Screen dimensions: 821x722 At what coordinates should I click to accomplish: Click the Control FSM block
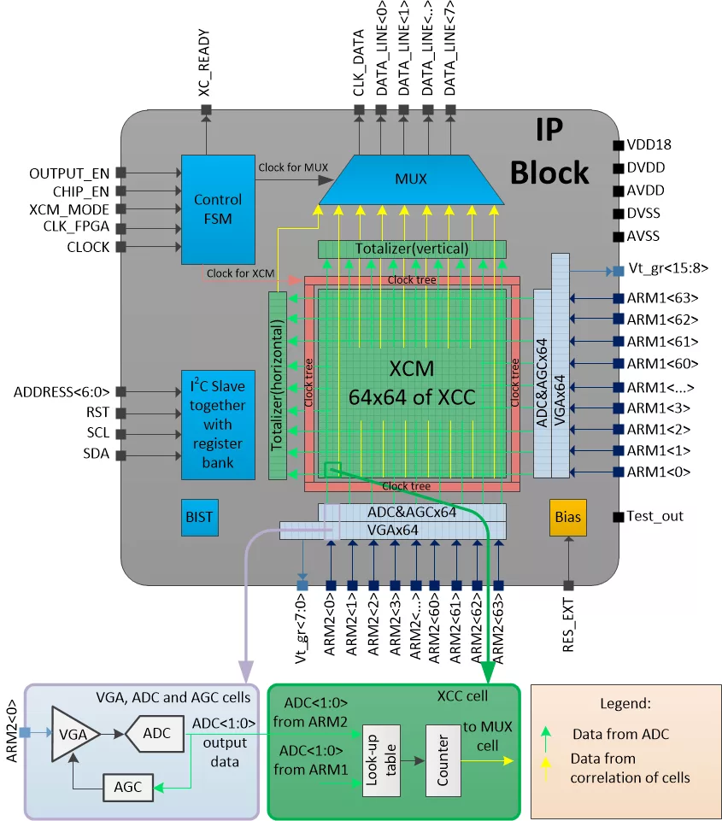coord(218,208)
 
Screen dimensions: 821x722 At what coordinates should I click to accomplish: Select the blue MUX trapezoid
coord(410,179)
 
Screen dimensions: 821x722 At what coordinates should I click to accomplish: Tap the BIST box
coord(199,517)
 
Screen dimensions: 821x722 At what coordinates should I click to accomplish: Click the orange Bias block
coord(567,517)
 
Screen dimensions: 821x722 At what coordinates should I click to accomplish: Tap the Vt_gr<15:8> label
coord(667,271)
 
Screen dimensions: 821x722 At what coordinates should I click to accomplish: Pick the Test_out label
coord(655,516)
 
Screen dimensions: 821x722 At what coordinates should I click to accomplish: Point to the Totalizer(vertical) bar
coord(412,249)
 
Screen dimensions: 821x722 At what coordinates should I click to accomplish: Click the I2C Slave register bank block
coord(218,425)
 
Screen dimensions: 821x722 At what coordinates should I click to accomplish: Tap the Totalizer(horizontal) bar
coord(277,384)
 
